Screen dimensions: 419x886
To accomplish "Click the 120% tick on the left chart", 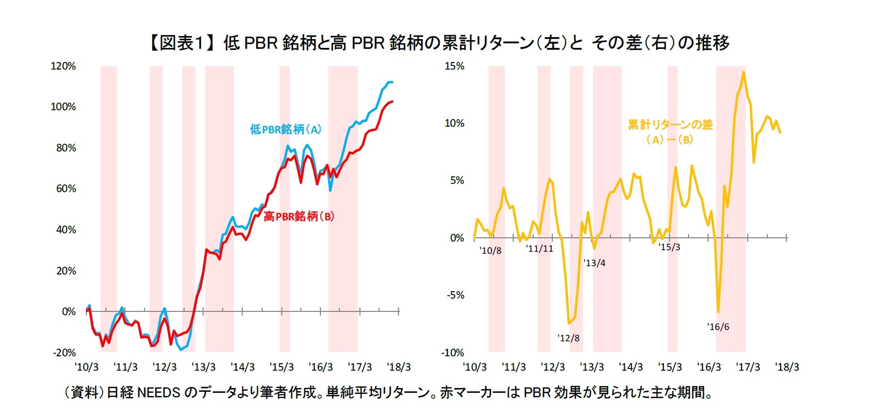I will pos(63,66).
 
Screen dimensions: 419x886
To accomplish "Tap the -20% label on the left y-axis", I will pos(64,353).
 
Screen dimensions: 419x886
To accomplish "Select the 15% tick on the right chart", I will pos(454,66).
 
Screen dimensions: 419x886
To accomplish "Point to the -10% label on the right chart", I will pos(453,353).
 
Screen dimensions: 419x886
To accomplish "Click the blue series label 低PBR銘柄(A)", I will pos(285,129).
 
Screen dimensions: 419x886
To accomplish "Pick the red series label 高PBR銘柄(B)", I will pos(299,216).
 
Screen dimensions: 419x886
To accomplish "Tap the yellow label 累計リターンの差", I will pos(670,125).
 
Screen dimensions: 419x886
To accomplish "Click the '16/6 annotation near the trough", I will pos(718,327).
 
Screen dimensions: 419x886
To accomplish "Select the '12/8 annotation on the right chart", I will pos(568,338).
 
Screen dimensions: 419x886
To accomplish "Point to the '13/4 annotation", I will pos(594,263).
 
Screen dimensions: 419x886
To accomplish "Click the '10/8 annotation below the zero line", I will pos(490,251).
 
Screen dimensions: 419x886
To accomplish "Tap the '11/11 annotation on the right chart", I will pos(539,249).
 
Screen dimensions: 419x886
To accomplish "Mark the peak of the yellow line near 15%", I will pos(744,73).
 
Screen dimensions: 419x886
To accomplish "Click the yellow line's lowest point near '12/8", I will pos(569,323).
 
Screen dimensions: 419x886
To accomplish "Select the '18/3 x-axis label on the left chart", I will pos(399,367).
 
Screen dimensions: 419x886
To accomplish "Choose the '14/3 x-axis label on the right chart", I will pos(631,367).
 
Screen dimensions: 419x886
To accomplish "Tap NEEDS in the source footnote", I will pos(158,393).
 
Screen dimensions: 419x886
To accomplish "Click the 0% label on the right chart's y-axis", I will pos(457,238).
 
